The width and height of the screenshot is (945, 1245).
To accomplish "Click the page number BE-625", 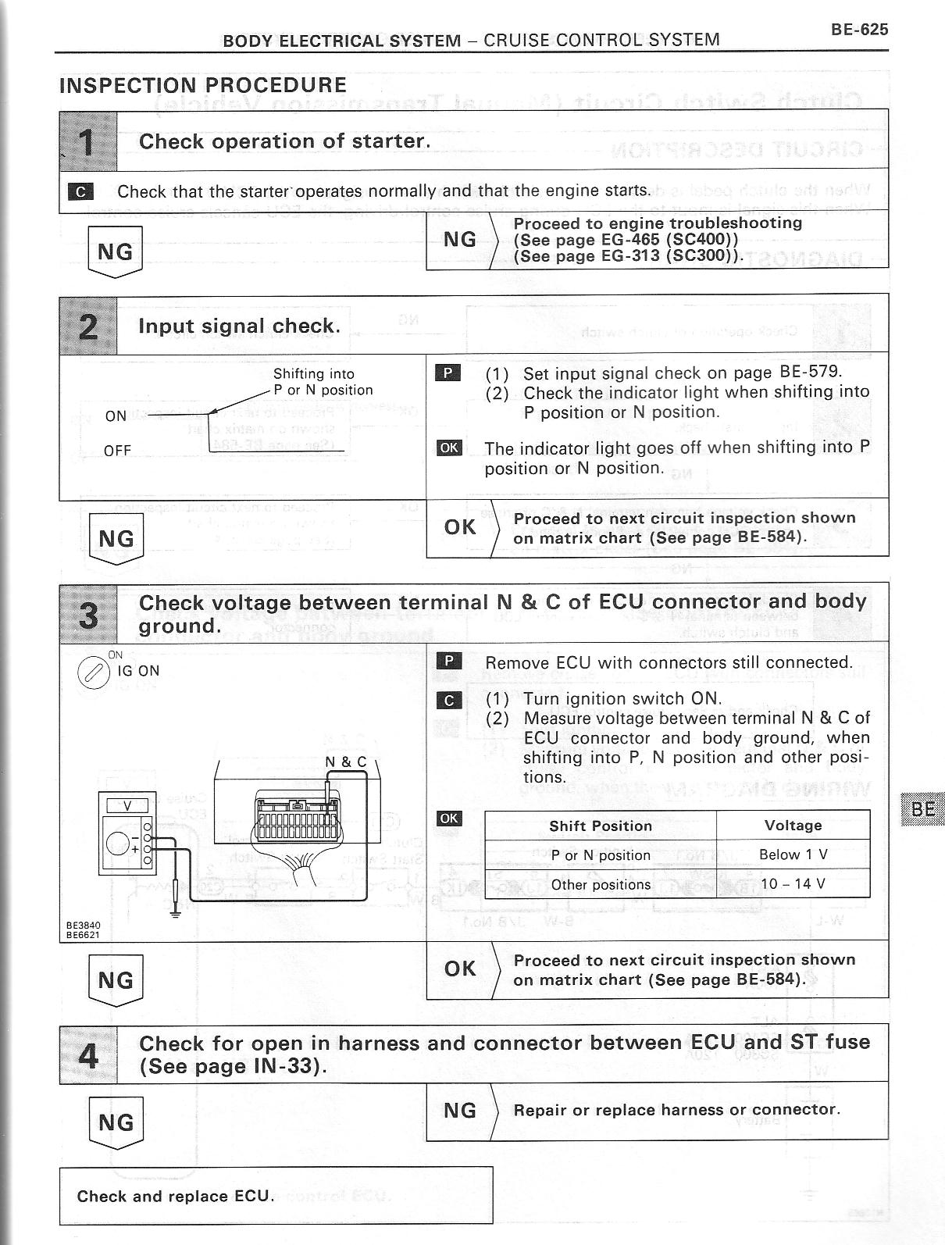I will (x=859, y=30).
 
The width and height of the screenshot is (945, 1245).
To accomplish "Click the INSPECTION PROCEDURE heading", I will (x=203, y=86).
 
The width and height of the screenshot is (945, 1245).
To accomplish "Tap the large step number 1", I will (x=87, y=142).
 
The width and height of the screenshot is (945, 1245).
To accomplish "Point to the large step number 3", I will (x=88, y=614).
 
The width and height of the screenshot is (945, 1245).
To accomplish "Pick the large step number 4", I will (x=88, y=1054).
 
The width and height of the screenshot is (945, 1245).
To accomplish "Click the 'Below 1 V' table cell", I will (x=793, y=854).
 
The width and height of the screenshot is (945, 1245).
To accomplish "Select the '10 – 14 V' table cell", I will (x=793, y=884).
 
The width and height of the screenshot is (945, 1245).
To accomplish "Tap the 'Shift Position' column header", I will (x=600, y=826).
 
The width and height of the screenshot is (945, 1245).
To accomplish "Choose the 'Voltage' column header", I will (x=793, y=826).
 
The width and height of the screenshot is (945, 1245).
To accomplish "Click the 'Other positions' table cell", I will (x=600, y=885).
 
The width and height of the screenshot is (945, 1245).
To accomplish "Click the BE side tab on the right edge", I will (x=922, y=809).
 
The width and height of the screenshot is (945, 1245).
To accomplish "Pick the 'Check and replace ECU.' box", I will (x=276, y=1197).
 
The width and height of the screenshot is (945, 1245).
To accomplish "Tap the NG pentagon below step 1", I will (x=115, y=251).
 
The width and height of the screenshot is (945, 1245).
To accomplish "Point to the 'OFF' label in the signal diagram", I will (x=117, y=451).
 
